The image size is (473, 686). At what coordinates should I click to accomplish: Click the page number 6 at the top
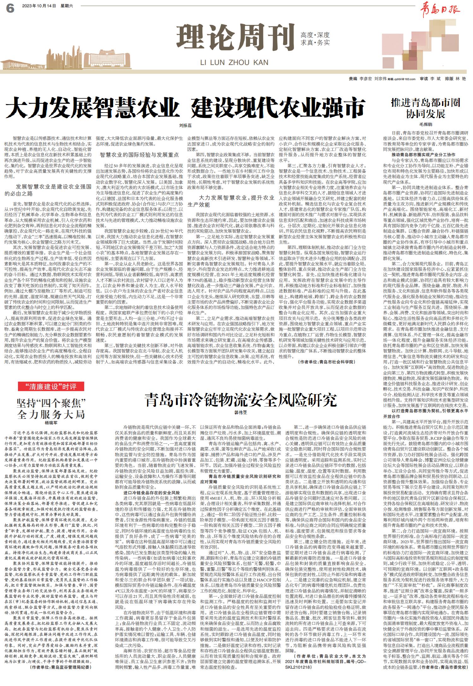(x=10, y=9)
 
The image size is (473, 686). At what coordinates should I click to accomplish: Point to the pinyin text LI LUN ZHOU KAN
(x=234, y=62)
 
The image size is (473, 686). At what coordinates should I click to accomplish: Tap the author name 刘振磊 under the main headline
(x=185, y=126)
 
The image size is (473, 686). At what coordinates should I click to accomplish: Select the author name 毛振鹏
(x=425, y=125)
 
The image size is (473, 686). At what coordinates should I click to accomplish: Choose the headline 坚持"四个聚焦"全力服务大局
(x=51, y=408)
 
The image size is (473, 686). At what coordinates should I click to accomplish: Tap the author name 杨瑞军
(x=51, y=421)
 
